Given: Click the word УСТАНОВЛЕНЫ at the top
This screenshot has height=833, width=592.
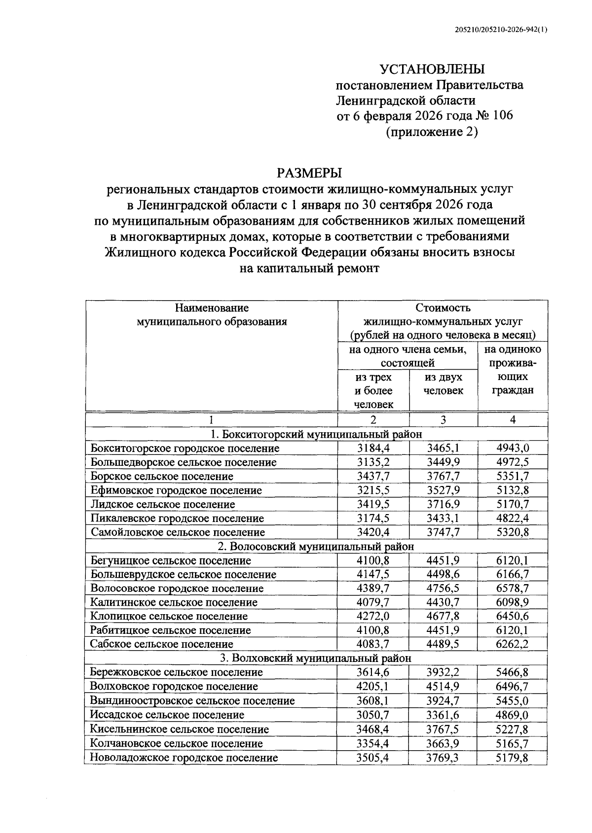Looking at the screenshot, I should [432, 69].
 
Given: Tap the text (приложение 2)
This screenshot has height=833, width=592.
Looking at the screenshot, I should [432, 132].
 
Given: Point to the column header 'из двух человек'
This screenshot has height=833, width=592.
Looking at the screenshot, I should [444, 384].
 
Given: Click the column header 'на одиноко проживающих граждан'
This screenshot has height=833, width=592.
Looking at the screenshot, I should [513, 370].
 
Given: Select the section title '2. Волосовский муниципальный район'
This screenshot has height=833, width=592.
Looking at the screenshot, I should [316, 546].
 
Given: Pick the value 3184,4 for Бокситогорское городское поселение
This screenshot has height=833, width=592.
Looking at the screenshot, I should [373, 448].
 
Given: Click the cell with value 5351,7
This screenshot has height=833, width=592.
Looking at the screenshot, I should [513, 476].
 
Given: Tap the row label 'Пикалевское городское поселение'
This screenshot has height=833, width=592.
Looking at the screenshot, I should [177, 518].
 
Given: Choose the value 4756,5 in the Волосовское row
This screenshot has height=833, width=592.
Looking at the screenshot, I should [443, 588].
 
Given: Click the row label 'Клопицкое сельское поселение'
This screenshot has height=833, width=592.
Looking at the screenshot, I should [169, 616].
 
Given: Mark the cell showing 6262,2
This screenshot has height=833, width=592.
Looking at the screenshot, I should [513, 644].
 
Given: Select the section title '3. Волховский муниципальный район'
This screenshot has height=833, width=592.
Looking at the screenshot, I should [316, 658].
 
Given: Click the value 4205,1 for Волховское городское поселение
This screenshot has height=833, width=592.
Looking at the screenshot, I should [373, 686].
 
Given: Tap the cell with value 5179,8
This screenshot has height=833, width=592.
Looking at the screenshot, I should [513, 757].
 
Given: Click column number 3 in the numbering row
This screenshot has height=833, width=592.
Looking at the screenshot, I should [443, 419].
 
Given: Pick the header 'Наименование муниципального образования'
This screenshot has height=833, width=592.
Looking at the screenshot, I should [212, 315].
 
